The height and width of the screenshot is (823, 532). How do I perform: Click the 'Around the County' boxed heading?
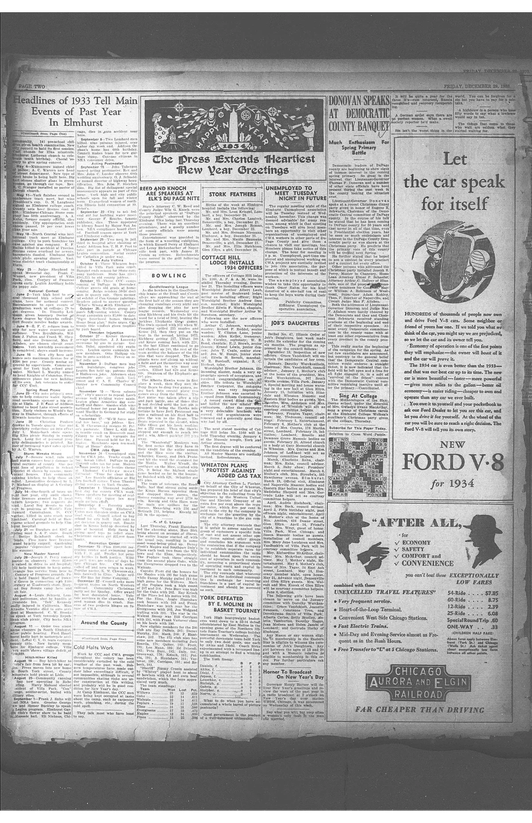103,622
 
